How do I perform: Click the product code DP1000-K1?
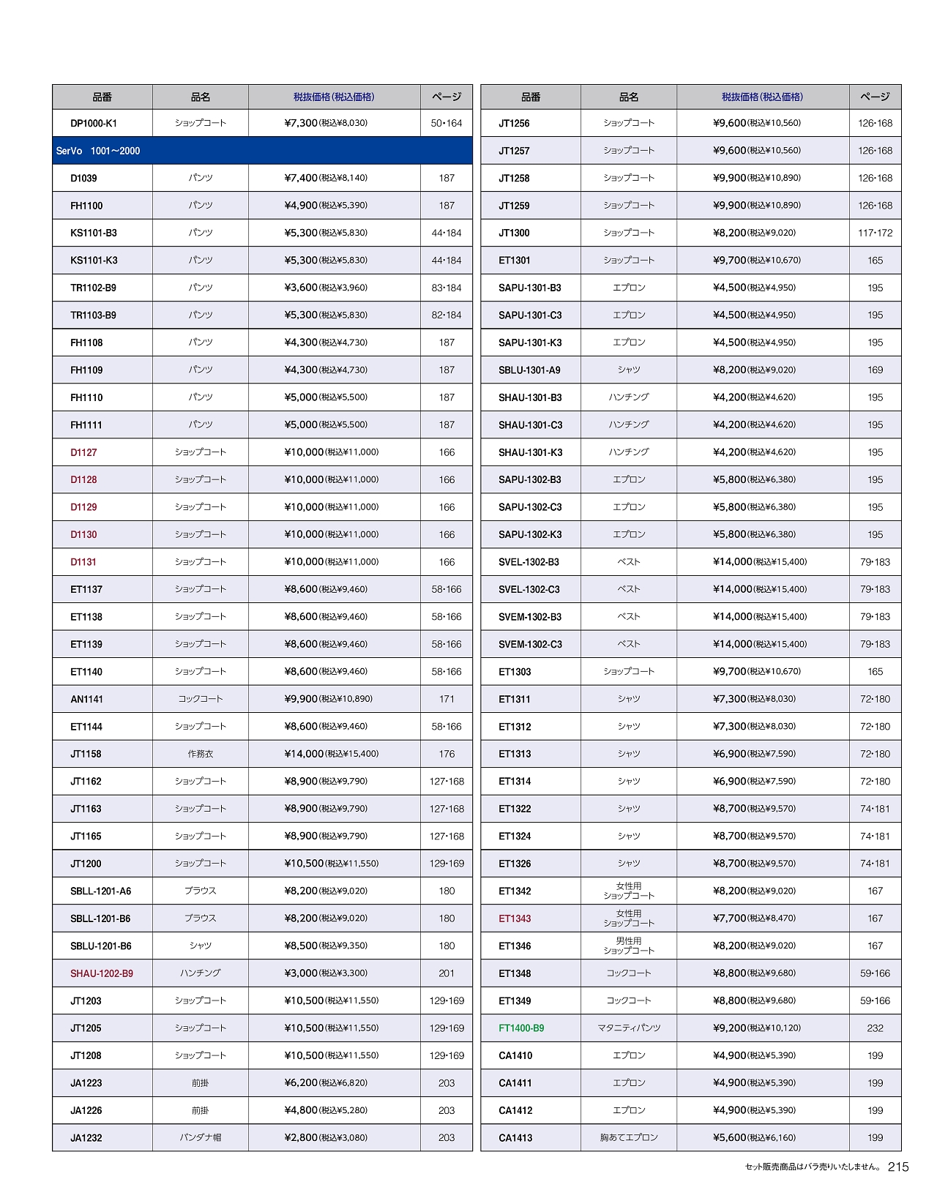94,124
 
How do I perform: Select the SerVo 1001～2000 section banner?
98,151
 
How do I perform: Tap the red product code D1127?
83,452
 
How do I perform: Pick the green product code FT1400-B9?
521,1028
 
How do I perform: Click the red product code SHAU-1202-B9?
102,973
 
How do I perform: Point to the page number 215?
898,1167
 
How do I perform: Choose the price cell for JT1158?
332,754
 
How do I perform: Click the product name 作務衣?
201,754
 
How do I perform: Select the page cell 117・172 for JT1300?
875,233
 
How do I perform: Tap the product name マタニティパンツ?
629,1028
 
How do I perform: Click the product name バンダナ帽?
201,1138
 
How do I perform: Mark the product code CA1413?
515,1138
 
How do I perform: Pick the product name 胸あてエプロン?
629,1138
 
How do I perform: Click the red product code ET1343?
515,918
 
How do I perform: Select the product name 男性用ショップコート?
629,946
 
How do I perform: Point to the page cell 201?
447,973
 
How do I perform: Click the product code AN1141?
86,699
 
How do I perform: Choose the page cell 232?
875,1028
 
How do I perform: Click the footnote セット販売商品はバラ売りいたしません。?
813,1167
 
